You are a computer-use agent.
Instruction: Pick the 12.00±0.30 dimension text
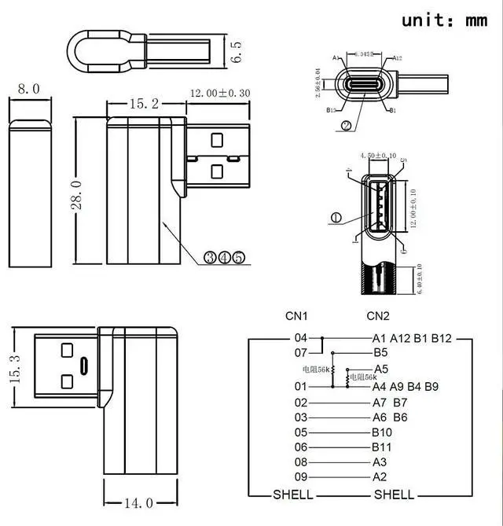point(219,93)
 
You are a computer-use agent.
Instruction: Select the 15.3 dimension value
point(15,368)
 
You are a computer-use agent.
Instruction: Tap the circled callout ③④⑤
point(224,257)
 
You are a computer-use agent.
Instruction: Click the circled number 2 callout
point(346,125)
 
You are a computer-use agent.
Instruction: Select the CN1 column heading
point(296,316)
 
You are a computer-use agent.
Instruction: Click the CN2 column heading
point(378,316)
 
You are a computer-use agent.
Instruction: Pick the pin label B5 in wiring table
point(380,353)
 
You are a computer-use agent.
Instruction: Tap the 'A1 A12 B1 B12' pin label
point(412,338)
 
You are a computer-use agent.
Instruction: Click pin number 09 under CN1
point(300,476)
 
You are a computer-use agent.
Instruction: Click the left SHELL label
point(292,495)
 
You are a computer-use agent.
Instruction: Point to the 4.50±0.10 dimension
point(377,156)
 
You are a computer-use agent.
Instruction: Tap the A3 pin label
point(380,462)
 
